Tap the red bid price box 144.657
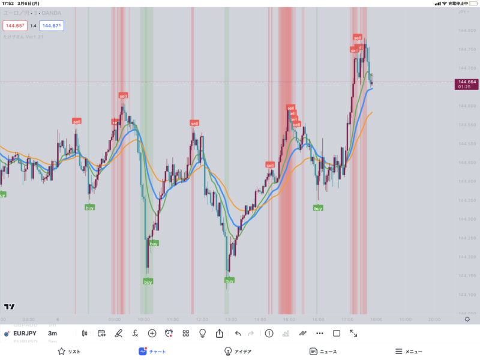point(15,26)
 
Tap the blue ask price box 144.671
point(51,26)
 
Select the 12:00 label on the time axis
point(202,319)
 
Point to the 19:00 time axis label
point(404,319)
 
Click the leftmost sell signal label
point(77,121)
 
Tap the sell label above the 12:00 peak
point(194,123)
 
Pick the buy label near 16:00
point(317,208)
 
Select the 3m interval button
point(53,333)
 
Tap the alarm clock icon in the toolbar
point(169,333)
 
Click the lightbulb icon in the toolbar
point(203,333)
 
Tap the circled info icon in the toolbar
point(269,333)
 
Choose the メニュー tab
point(409,352)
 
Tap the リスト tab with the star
point(68,352)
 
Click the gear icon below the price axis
point(467,319)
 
